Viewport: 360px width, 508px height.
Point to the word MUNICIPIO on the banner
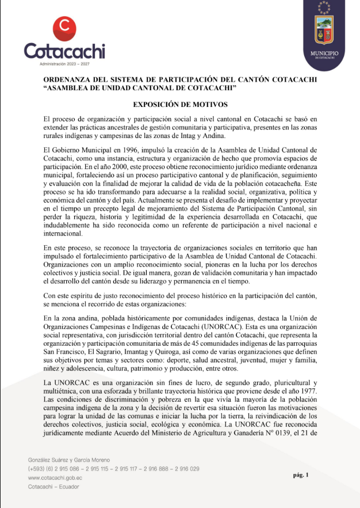pyautogui.click(x=324, y=54)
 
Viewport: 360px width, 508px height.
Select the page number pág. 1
pyautogui.click(x=301, y=475)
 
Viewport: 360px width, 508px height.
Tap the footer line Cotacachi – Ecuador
pyautogui.click(x=53, y=486)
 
